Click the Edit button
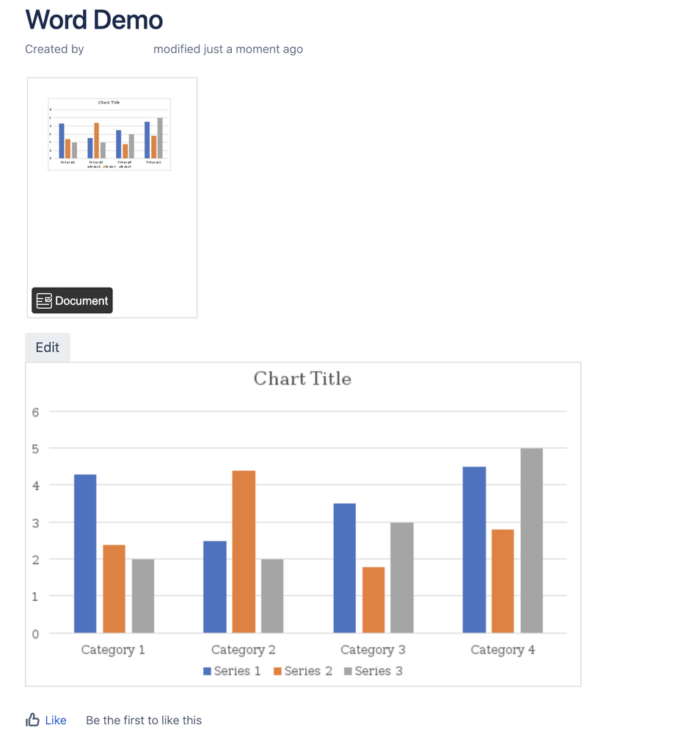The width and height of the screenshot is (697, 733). coord(48,347)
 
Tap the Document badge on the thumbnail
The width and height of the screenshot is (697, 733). coord(72,301)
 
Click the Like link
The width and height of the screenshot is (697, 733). coord(56,721)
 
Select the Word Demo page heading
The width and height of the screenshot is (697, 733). coord(94,20)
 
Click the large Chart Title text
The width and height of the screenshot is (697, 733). coord(302,379)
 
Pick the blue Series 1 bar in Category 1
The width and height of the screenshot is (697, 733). coord(85,553)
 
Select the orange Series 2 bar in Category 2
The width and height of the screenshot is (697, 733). coord(244,551)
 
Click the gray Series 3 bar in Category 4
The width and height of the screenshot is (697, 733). coord(532,540)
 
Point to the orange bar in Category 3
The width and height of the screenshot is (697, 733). coord(373,599)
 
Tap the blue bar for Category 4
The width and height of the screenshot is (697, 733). coord(474,550)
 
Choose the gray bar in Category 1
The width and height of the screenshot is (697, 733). coord(143,596)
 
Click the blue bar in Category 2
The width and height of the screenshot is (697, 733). coord(215,587)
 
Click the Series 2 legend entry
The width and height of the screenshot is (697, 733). coord(302,671)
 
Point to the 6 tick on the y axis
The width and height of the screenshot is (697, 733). coord(35,412)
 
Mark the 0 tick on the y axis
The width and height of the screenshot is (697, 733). coord(35,634)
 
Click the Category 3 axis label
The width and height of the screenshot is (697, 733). coord(373,650)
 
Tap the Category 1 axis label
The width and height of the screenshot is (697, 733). coord(113,650)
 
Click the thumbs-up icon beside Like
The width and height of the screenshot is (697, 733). coord(33,720)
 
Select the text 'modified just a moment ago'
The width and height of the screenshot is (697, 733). coord(228,49)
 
